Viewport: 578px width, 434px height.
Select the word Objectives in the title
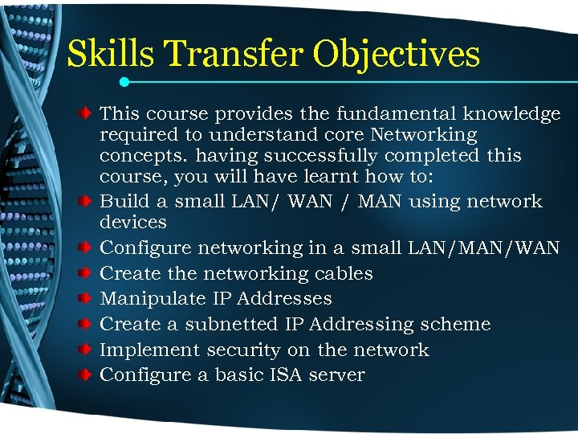(x=397, y=55)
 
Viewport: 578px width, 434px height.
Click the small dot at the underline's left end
(x=124, y=81)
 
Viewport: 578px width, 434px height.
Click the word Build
(x=124, y=201)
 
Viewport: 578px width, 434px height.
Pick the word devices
(x=133, y=222)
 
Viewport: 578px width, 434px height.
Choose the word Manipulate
(x=153, y=299)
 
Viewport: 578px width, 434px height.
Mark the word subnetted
(x=233, y=325)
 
